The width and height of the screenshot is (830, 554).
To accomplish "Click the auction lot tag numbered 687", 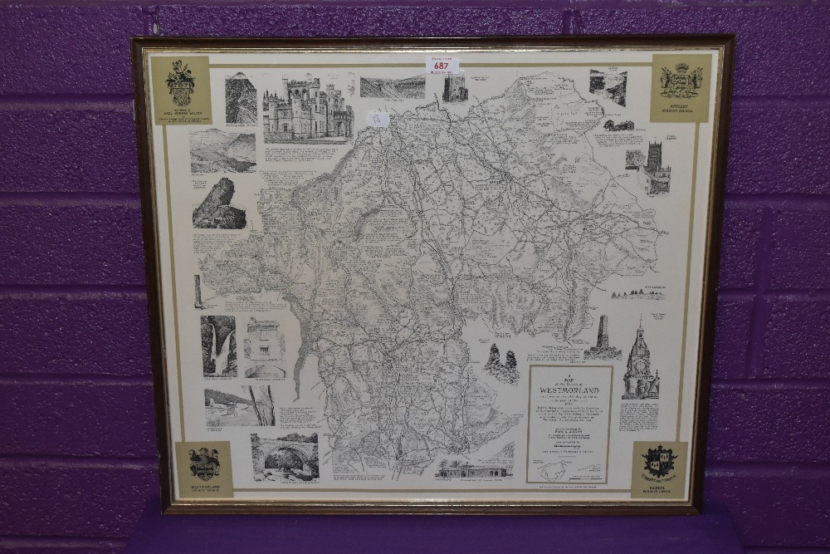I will click(x=441, y=65).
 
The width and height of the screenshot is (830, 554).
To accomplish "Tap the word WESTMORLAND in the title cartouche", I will click(x=569, y=385).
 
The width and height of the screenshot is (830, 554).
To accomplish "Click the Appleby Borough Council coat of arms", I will click(x=681, y=81).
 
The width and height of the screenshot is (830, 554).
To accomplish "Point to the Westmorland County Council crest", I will click(x=203, y=463).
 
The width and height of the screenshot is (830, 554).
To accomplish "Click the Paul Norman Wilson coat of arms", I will click(x=181, y=83).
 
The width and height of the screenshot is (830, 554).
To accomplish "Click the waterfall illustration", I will click(x=218, y=346).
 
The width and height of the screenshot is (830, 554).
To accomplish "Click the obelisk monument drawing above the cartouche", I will click(x=602, y=336).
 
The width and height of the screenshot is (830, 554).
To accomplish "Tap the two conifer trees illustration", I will click(x=502, y=364).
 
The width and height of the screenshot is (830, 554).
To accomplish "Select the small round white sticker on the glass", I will click(x=378, y=119).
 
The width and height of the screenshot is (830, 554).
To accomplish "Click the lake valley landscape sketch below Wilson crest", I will click(x=222, y=150).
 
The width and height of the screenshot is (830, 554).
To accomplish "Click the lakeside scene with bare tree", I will click(x=240, y=406).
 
